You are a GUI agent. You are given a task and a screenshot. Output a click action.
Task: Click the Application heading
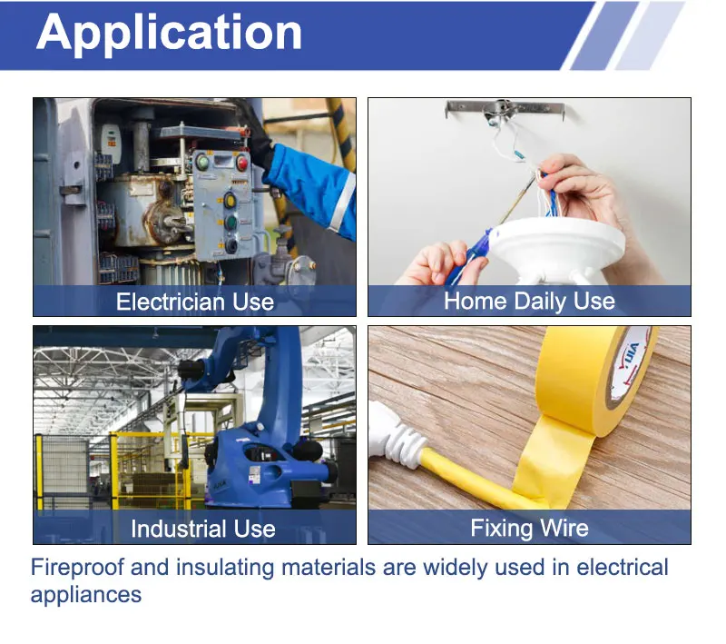(x=169, y=34)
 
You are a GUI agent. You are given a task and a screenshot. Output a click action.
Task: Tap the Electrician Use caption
(x=195, y=302)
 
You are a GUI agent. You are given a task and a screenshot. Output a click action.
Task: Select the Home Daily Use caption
(x=529, y=302)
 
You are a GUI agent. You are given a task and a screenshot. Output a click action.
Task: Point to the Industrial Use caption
(x=202, y=529)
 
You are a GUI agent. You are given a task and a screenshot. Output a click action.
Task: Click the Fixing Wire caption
(x=529, y=528)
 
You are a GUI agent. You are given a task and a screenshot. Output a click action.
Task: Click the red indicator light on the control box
(x=241, y=163)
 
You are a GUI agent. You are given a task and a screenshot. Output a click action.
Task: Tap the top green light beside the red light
(x=202, y=163)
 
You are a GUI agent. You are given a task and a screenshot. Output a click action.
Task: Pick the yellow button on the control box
(x=231, y=201)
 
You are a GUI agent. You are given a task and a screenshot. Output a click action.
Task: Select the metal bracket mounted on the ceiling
(x=505, y=110)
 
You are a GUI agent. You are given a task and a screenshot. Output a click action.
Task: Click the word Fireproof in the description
(x=77, y=568)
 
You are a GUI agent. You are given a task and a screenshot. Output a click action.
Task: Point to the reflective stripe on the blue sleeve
(x=342, y=203)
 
